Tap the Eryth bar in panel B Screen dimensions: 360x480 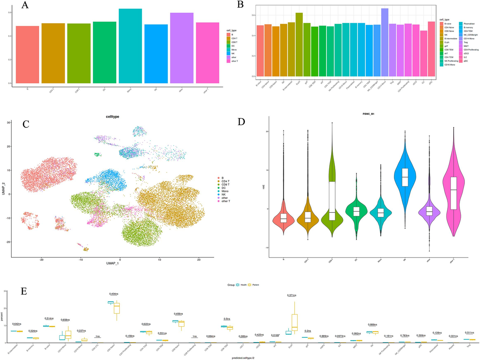(299, 44)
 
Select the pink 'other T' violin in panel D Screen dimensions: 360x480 (453, 188)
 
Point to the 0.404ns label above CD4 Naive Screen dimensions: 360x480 (116, 294)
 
